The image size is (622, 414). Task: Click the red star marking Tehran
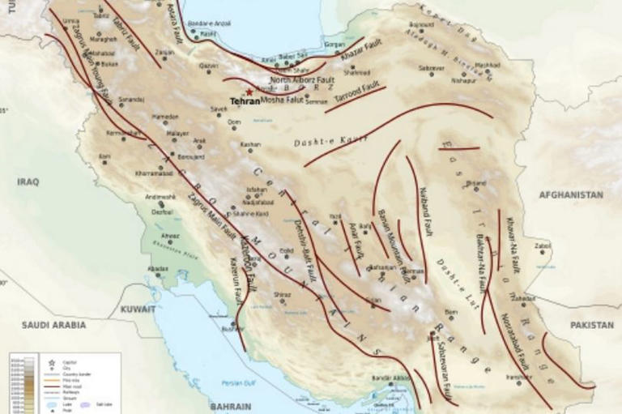point(249,92)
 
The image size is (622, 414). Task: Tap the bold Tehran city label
point(245,102)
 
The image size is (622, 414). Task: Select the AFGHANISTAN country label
point(571,195)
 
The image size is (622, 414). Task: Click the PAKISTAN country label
point(591,325)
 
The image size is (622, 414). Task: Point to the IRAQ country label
point(28,182)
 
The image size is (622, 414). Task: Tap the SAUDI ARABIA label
point(53,325)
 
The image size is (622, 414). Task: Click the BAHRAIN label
point(229,406)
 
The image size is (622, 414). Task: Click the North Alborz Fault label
point(302,80)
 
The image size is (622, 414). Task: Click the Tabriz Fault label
point(122,23)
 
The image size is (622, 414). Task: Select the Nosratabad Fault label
point(514,340)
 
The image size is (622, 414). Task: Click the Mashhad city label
point(488,65)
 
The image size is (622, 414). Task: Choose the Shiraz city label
point(282,294)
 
